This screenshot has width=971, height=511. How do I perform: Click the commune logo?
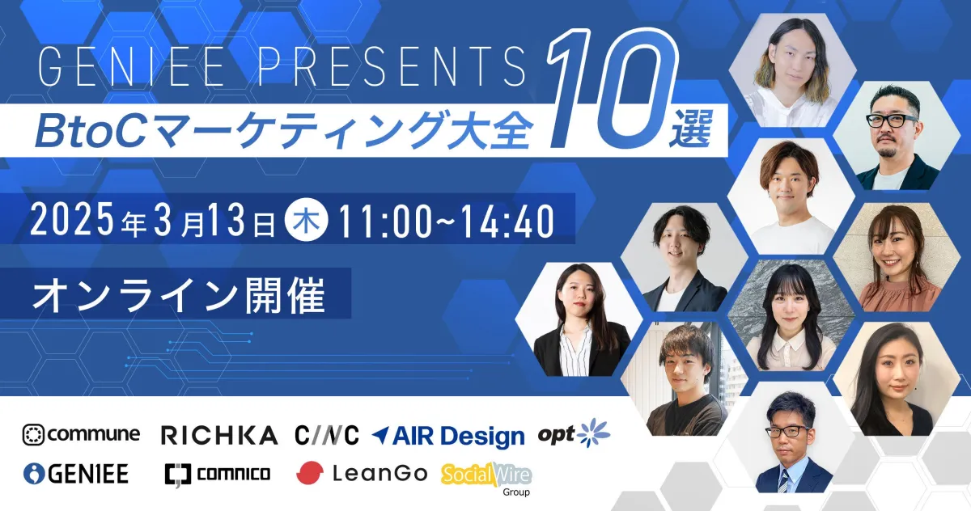[81, 434]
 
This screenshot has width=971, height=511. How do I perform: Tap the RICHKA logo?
[219, 436]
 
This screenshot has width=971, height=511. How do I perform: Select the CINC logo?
[326, 435]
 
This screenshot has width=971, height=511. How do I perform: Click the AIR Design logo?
[448, 436]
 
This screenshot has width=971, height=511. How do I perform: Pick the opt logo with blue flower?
[575, 433]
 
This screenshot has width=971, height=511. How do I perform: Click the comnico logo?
[217, 474]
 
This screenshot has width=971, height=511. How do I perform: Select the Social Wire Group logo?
[486, 476]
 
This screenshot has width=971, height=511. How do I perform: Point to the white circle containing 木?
[307, 220]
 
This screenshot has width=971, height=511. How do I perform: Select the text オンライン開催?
[178, 296]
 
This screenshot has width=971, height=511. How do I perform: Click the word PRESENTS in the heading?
[410, 65]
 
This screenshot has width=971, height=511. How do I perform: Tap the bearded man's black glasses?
[892, 119]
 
